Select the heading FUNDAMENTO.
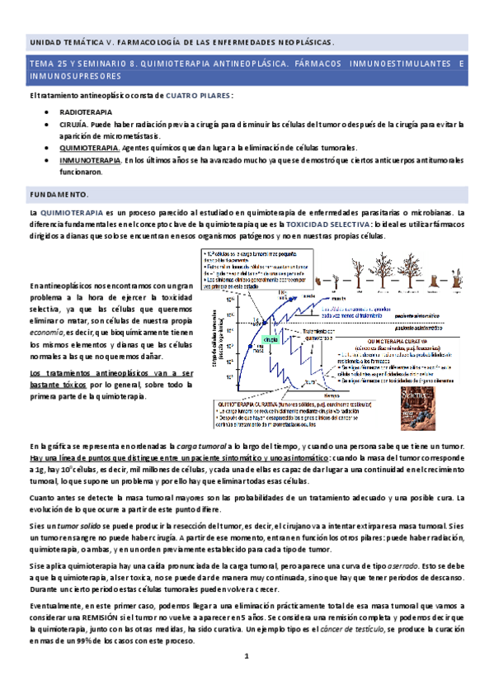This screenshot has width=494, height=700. (x=59, y=194)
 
